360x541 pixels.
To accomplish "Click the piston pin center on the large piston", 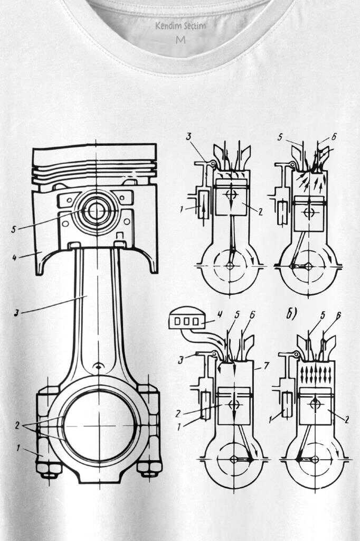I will [96, 211].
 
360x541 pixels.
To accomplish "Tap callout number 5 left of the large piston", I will [15, 229].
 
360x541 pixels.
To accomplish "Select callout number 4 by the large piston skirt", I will [15, 258].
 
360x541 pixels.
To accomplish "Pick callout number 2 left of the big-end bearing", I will [17, 425].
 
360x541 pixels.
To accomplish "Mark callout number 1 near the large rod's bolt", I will [17, 449].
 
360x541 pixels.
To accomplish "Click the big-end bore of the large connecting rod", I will [98, 425].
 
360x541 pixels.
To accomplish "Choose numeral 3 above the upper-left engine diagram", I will [188, 137].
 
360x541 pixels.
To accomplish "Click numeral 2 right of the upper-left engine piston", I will [261, 210].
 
